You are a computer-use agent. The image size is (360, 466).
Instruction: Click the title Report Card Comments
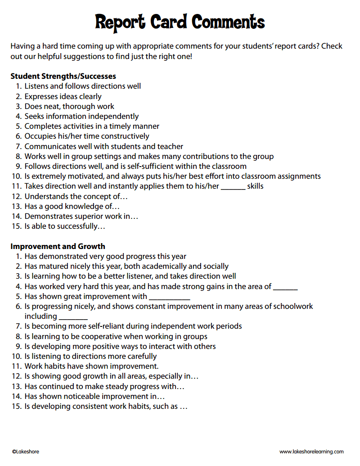(x=180, y=22)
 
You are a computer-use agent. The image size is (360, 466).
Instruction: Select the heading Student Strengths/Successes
(x=63, y=76)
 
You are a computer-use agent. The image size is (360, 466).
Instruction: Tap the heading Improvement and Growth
(x=58, y=246)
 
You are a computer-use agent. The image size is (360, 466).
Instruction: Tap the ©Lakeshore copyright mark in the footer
(x=25, y=452)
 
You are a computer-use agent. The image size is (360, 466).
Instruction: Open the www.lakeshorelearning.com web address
(x=311, y=452)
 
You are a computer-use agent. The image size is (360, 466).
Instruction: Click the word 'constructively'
(x=125, y=136)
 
